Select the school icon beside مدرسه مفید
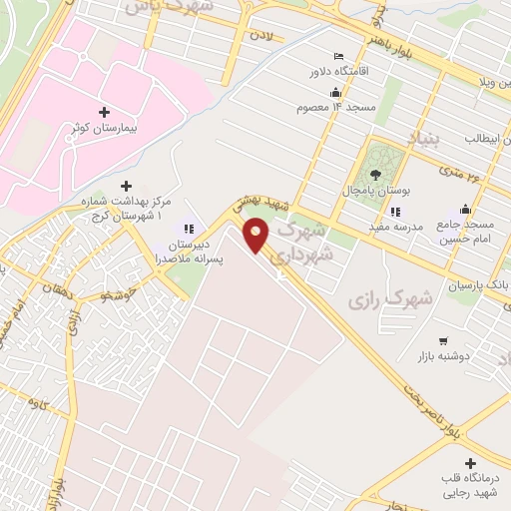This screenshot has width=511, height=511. (396, 212)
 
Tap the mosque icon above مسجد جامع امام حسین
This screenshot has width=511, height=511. (464, 210)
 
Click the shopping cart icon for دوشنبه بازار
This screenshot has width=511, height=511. (443, 340)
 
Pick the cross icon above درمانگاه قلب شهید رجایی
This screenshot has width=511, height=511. (470, 462)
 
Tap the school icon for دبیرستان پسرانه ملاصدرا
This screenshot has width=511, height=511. (189, 229)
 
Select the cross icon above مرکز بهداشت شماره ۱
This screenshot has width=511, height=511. (126, 186)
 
